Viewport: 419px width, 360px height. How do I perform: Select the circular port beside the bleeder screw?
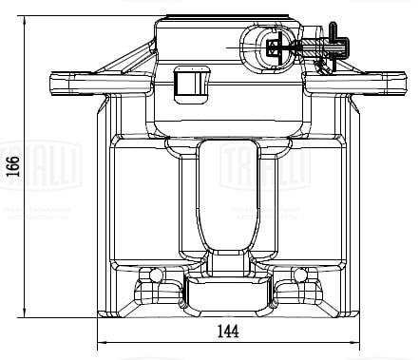[257, 44]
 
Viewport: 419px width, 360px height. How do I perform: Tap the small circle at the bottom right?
[300, 275]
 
